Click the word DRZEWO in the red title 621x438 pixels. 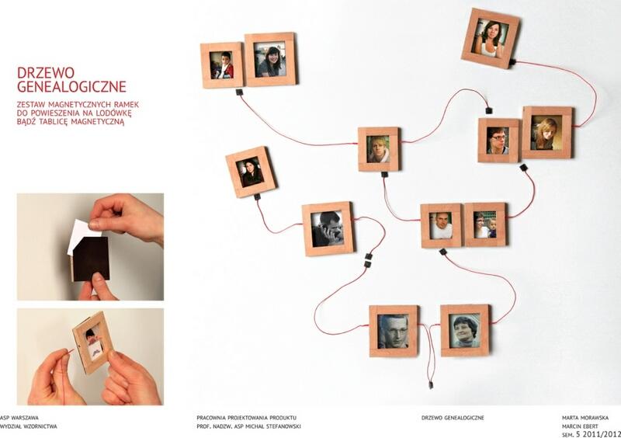(46, 72)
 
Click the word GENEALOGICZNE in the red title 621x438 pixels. (71, 86)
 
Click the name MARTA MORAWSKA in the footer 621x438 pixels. (585, 418)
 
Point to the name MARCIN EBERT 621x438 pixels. (580, 426)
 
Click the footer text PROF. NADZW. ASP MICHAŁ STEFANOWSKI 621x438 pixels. (248, 426)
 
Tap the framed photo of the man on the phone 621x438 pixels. (328, 229)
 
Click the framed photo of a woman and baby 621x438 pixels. (486, 224)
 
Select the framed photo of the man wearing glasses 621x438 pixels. (498, 141)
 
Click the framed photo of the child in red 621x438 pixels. (221, 65)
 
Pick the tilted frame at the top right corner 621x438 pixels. (491, 37)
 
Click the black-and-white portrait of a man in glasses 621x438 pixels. (394, 331)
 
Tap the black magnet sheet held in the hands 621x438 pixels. (92, 259)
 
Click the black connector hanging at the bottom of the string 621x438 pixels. (431, 384)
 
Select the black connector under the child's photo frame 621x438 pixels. (239, 92)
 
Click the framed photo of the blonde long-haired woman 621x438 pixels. (547, 132)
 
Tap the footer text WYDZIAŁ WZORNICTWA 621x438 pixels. (29, 426)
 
